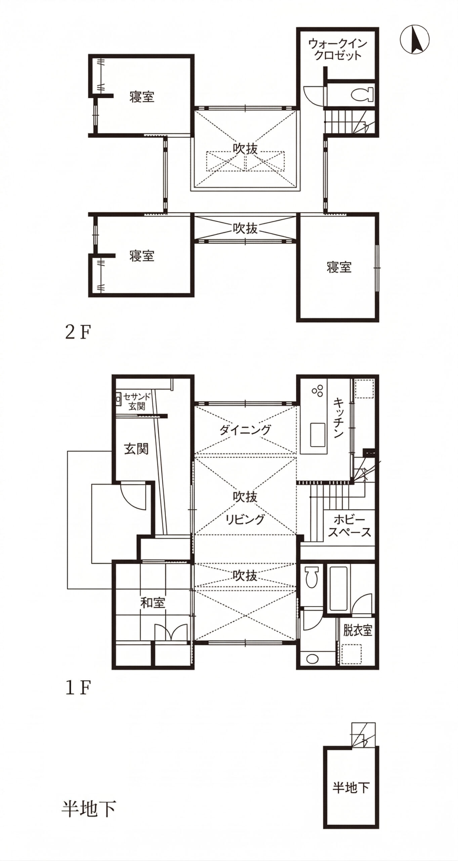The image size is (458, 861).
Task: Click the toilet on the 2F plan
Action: click(x=362, y=95)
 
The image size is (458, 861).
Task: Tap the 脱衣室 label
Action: click(x=358, y=631)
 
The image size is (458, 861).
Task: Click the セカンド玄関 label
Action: click(x=137, y=402)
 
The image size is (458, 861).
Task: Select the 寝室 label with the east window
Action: click(x=339, y=267)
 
